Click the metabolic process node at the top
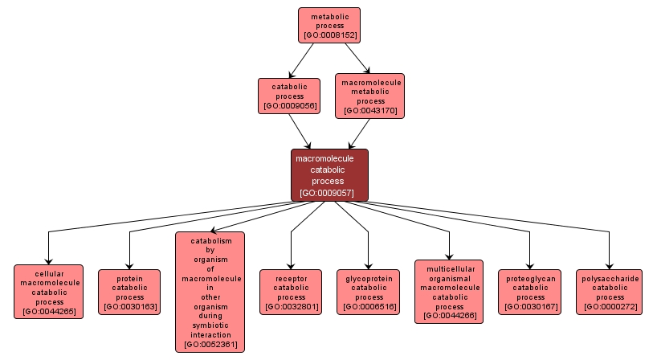[329, 25]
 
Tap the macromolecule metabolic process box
[369, 96]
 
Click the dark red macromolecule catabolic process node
[329, 174]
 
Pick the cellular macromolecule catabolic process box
[49, 292]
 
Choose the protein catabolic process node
[129, 292]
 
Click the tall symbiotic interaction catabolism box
[210, 292]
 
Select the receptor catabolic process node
[291, 292]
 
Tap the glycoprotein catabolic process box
[369, 292]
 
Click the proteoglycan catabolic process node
[530, 292]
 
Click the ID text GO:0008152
[329, 35]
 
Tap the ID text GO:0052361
[210, 345]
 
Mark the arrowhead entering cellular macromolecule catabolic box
[49, 260]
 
